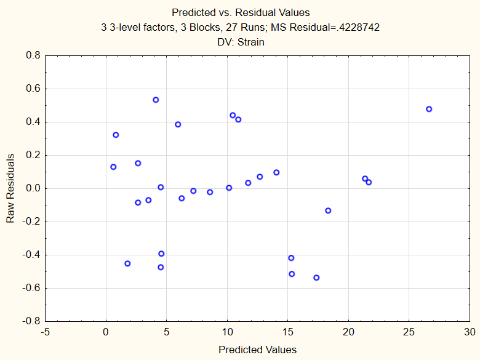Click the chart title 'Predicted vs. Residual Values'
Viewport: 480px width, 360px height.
tap(241, 12)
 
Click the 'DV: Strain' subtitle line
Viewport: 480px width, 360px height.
tap(241, 42)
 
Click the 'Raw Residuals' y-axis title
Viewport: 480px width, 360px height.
tap(10, 188)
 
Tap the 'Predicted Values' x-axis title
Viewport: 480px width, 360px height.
tap(257, 350)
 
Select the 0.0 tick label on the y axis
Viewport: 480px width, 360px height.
tap(32, 188)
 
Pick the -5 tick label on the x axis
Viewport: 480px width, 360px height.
tap(46, 332)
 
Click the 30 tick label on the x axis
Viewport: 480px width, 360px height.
tap(470, 332)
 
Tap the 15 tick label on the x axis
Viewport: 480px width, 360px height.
tap(288, 332)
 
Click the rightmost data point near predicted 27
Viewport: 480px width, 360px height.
tap(429, 109)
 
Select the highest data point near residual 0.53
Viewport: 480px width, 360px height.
tap(156, 100)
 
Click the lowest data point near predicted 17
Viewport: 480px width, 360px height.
tap(316, 278)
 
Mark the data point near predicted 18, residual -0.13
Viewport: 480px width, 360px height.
tap(328, 210)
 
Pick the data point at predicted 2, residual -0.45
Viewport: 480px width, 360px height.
tap(127, 263)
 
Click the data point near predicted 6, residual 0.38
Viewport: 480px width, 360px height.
tap(178, 124)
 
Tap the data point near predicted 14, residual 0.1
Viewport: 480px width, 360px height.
tap(276, 172)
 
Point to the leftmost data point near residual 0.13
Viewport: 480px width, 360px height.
tap(113, 167)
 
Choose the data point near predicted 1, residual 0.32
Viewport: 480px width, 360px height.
tap(116, 135)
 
